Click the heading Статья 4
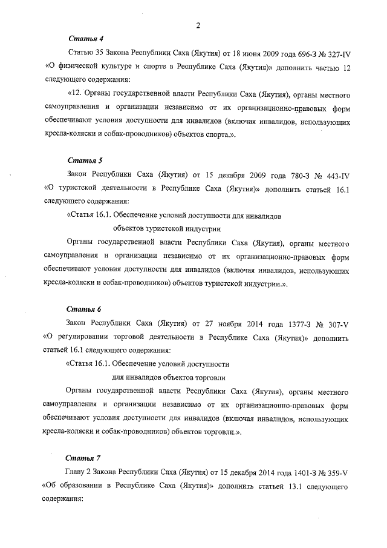click(82, 38)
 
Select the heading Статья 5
click(82, 160)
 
